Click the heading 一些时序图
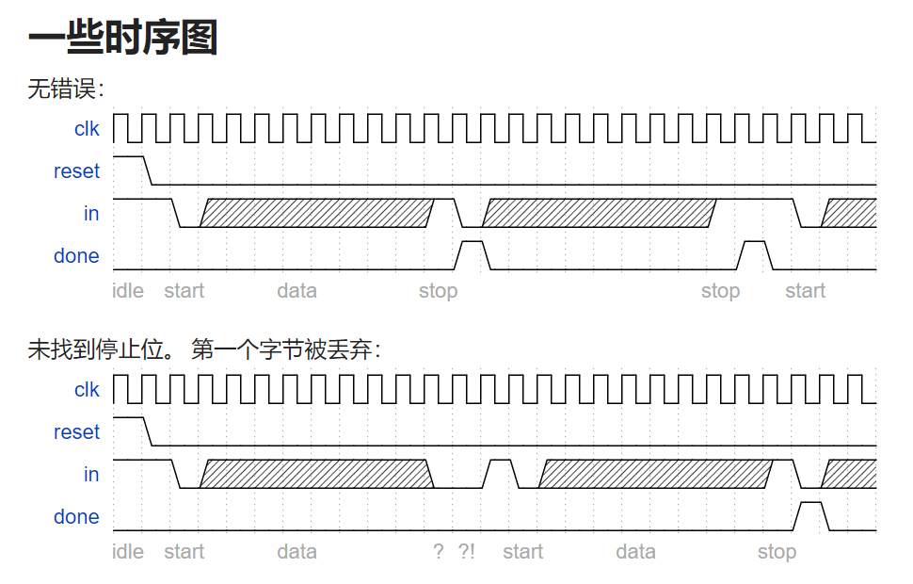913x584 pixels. pos(123,39)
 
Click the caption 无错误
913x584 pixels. pos(66,89)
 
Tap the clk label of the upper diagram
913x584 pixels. pos(87,129)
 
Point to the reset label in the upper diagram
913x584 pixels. pos(76,171)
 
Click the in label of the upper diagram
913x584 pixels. pos(91,214)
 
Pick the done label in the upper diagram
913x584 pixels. pos(76,256)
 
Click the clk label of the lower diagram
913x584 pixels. pos(87,390)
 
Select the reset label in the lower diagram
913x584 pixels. pos(76,432)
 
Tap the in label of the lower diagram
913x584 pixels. pos(91,475)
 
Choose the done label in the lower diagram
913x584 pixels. pos(76,517)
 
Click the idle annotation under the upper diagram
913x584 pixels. pos(128,291)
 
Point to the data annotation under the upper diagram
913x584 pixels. pos(296,291)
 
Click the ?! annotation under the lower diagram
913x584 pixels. pos(467,552)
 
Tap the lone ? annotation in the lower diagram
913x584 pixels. pos(438,552)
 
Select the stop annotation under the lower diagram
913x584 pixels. pos(777,552)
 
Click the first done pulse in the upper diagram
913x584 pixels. pos(472,253)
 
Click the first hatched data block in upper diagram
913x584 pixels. pos(317,213)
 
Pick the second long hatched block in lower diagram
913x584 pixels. pos(656,474)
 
